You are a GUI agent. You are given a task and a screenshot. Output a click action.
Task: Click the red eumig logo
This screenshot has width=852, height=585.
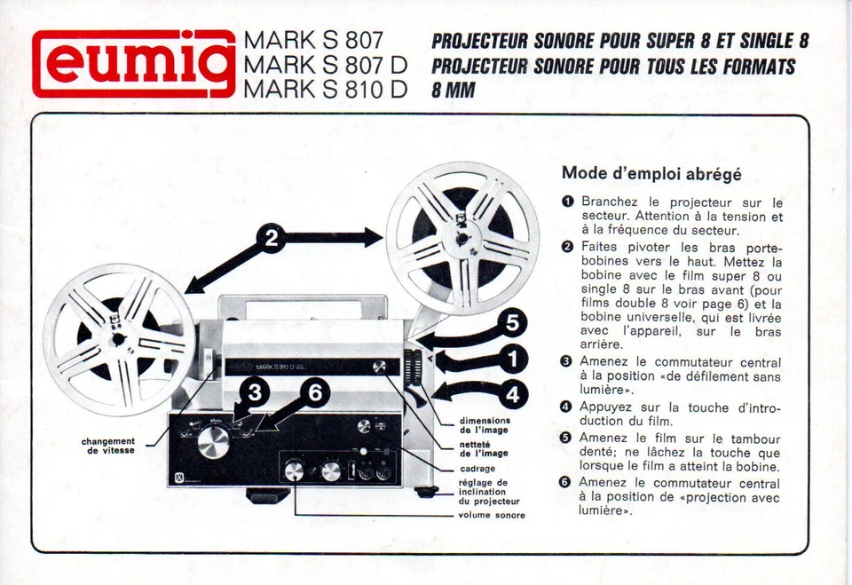(133, 64)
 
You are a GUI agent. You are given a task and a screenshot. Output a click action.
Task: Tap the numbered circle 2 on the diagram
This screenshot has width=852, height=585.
(272, 238)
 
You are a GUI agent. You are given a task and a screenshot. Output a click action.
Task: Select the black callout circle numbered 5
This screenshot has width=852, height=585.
(511, 323)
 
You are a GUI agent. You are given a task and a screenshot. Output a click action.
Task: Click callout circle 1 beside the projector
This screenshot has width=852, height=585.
(511, 359)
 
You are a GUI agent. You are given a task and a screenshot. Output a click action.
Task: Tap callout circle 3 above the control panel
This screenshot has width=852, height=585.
(255, 391)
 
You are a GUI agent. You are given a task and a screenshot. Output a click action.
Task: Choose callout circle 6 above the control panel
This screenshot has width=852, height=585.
(314, 391)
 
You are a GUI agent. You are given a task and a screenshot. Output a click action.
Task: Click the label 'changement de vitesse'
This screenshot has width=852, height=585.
(108, 446)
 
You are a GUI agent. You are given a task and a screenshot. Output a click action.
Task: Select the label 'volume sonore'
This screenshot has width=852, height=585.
(491, 515)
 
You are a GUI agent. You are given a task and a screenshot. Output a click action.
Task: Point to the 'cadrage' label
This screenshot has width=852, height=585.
(477, 469)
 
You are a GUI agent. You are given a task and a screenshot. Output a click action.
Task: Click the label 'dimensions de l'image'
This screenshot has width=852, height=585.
(484, 425)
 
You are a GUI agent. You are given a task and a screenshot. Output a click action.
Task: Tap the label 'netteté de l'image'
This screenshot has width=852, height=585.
(484, 448)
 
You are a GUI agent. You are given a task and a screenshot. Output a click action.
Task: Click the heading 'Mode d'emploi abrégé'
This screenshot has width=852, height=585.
(651, 174)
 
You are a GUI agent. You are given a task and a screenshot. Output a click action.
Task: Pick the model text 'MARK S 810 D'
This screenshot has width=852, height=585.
(325, 89)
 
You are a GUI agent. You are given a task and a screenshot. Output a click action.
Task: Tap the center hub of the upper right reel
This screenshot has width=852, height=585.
(461, 237)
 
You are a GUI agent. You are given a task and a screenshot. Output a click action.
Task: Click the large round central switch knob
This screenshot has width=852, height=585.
(212, 441)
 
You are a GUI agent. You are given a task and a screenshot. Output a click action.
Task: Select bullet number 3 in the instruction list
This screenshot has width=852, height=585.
(566, 361)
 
